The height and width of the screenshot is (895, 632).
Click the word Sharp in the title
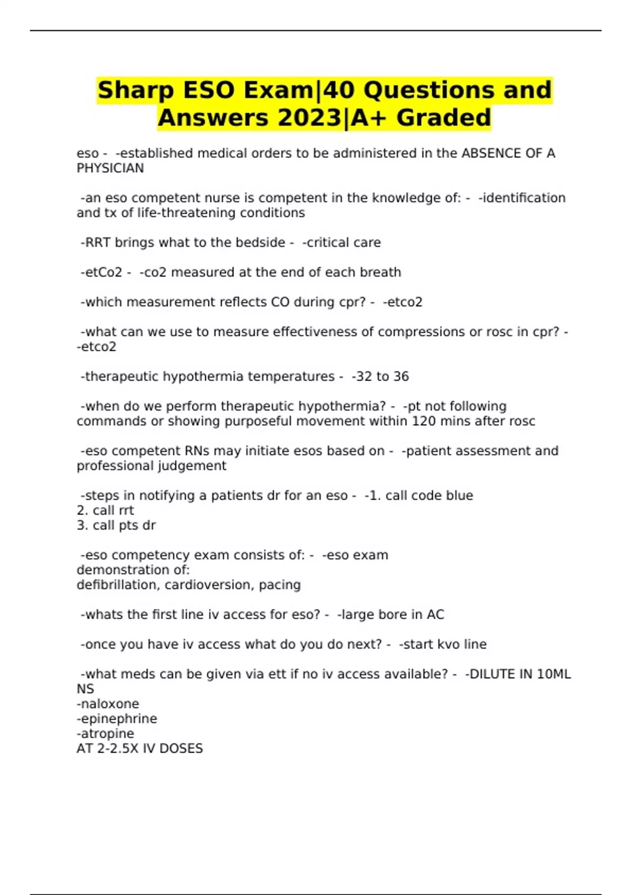coord(135,90)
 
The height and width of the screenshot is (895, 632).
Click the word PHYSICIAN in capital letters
coord(110,168)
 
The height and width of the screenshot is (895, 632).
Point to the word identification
coord(522,198)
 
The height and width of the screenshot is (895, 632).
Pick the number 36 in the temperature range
coord(401,377)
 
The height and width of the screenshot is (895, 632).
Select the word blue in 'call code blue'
coord(459,496)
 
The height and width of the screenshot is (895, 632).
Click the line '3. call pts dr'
coord(116,525)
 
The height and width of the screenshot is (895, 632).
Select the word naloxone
coord(108,704)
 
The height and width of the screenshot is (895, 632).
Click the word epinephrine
coord(117,719)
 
